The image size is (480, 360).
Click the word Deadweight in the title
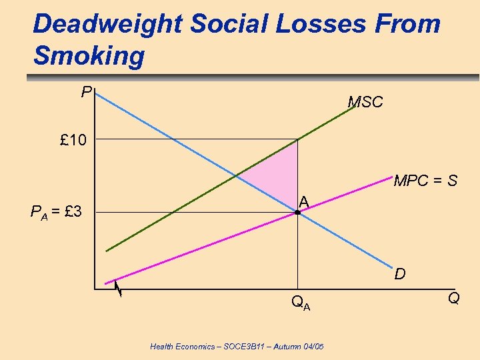coord(107,24)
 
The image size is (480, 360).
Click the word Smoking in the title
coord(89,56)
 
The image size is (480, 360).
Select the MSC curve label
coord(365,102)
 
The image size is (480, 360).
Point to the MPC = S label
coord(425,181)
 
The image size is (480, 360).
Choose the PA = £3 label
coord(56,213)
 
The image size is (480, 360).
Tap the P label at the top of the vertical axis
coord(86,91)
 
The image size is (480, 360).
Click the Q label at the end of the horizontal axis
coord(453,298)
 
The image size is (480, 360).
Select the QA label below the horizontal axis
coord(300,304)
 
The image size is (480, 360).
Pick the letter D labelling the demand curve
coord(400,273)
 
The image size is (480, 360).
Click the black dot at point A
coord(297,213)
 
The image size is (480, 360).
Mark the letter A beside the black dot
coord(303,201)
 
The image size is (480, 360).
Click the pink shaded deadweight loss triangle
coord(280,170)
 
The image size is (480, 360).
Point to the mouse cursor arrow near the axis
coord(117,288)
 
